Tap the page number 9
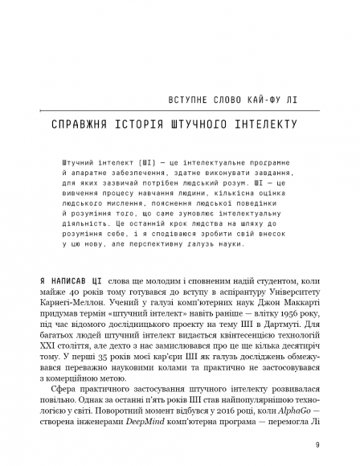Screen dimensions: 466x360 pyautogui.click(x=317, y=445)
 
